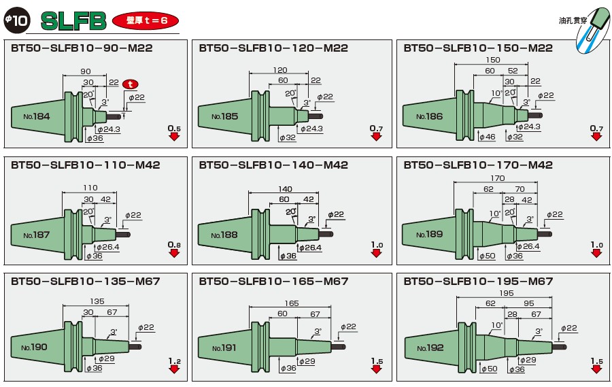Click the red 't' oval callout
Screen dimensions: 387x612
[131, 84]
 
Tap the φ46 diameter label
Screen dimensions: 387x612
[487, 137]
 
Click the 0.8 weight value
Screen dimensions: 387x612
[174, 244]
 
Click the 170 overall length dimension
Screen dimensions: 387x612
[496, 178]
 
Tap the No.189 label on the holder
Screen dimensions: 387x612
[429, 235]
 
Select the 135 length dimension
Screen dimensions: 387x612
[97, 301]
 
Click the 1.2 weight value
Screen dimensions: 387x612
[174, 360]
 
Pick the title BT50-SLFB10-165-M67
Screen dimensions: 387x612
[273, 281]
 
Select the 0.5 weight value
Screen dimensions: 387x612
[174, 128]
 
